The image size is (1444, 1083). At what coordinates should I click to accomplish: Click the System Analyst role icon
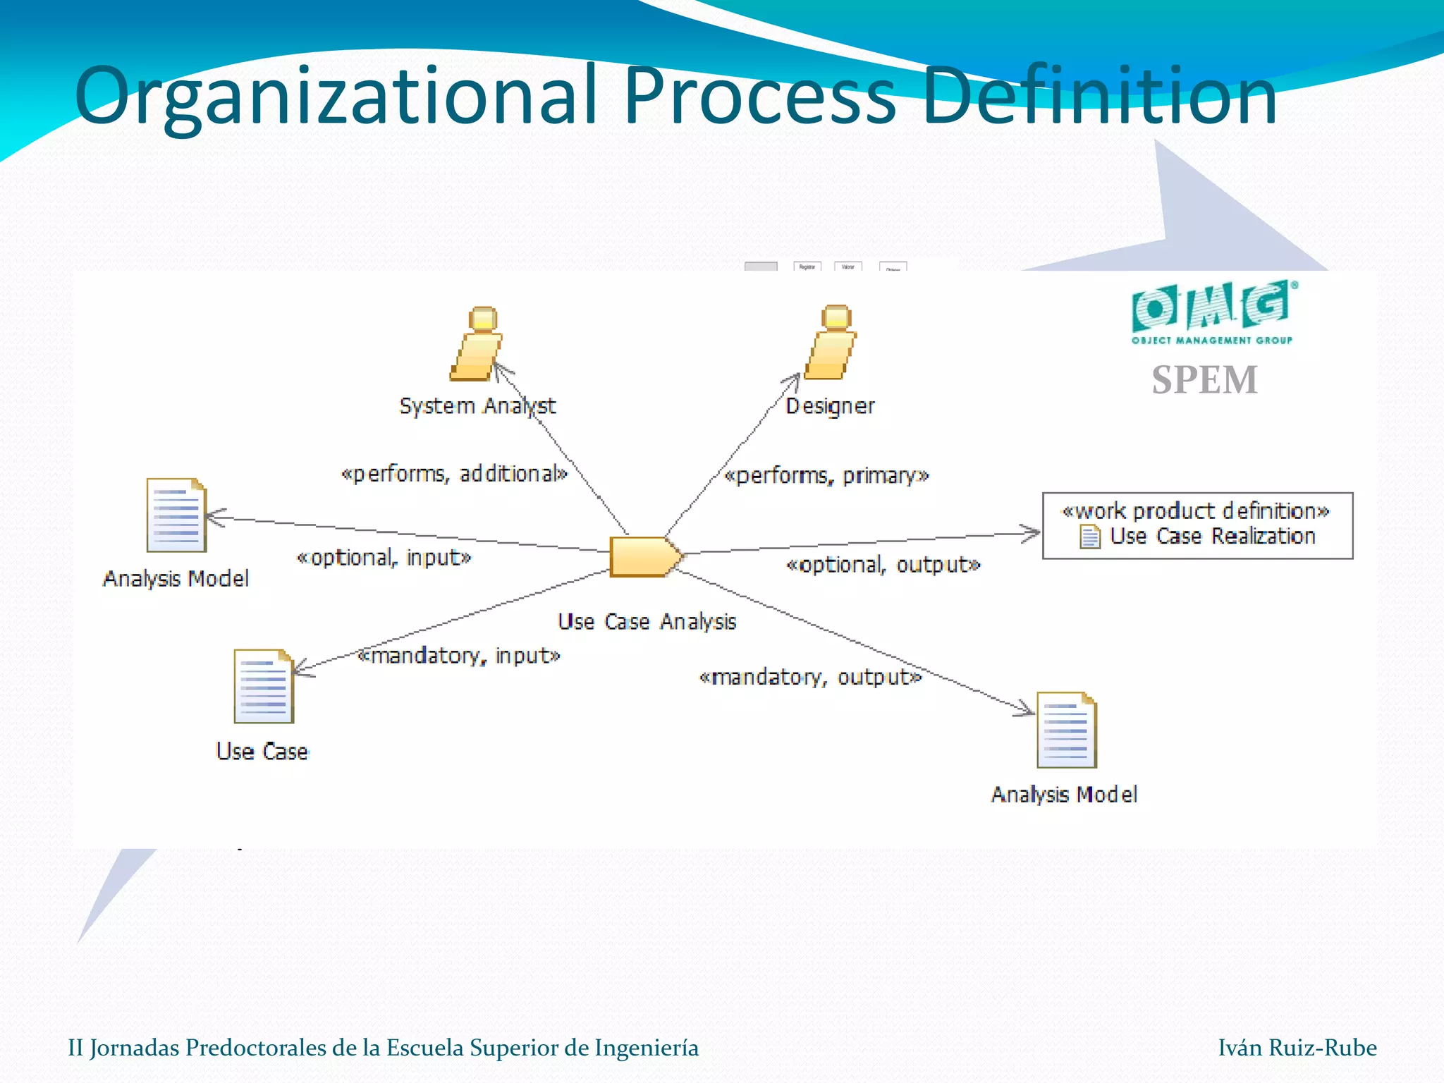(x=477, y=344)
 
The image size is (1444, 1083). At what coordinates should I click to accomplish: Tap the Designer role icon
(x=831, y=343)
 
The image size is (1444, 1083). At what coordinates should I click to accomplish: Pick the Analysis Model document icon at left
(x=176, y=515)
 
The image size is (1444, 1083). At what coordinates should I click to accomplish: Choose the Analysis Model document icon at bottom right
(x=1066, y=730)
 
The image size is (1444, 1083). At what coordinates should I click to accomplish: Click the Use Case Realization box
(x=1197, y=525)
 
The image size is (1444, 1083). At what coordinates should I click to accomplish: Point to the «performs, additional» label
(x=454, y=474)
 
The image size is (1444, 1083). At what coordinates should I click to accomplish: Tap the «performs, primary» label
(x=826, y=476)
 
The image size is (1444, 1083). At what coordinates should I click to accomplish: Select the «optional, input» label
(x=384, y=558)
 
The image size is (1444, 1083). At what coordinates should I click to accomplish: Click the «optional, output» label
(x=883, y=565)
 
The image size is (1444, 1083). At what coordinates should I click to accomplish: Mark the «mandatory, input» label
(x=458, y=656)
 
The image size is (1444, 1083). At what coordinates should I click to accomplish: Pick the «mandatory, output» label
(x=809, y=678)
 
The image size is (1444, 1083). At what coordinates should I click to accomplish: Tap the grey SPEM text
(x=1204, y=380)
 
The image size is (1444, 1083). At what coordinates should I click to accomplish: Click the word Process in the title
(x=760, y=95)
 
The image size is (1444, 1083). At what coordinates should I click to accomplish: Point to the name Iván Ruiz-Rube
(x=1297, y=1048)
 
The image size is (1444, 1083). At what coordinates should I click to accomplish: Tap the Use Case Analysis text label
(x=647, y=622)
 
